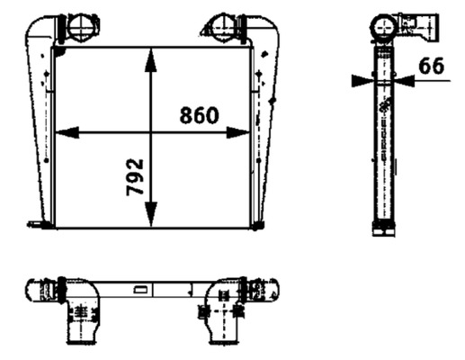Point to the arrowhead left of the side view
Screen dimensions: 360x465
(361, 80)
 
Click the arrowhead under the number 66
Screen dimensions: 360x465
(406, 80)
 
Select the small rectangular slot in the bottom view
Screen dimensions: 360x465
(141, 290)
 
